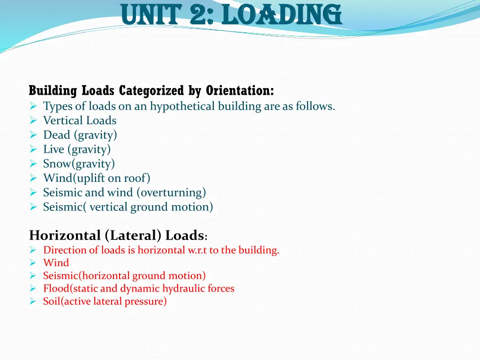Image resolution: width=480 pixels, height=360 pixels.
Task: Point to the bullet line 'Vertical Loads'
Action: (x=80, y=120)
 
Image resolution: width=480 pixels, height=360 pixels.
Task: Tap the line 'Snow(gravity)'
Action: (x=79, y=164)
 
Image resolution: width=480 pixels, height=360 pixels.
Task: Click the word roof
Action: (x=136, y=178)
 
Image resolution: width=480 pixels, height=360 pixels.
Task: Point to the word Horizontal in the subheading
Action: (x=64, y=235)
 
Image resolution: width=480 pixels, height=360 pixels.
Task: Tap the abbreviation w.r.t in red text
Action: (x=197, y=250)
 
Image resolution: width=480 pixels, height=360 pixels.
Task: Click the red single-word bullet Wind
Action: (x=56, y=263)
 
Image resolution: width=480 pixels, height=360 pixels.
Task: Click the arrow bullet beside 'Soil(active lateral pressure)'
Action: (x=33, y=302)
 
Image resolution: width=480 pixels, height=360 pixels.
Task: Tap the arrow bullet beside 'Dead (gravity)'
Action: (x=33, y=135)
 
